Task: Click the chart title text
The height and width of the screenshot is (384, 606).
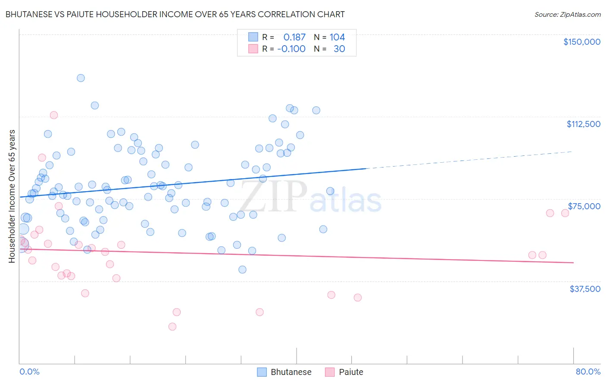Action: pyautogui.click(x=175, y=14)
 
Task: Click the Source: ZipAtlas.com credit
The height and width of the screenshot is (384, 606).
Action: pyautogui.click(x=567, y=14)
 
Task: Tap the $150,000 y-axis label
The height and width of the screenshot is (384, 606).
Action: pyautogui.click(x=581, y=42)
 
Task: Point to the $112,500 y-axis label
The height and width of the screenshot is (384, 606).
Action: pyautogui.click(x=583, y=124)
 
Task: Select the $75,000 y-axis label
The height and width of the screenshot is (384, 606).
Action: pyautogui.click(x=584, y=206)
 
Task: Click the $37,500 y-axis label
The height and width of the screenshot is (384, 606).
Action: pyautogui.click(x=584, y=289)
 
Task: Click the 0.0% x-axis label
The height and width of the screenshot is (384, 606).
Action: pyautogui.click(x=29, y=372)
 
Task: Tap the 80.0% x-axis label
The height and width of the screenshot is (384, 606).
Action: pyautogui.click(x=588, y=372)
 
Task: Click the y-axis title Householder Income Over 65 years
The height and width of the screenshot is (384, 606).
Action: pyautogui.click(x=12, y=196)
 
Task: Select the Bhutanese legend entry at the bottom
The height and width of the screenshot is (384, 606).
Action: pyautogui.click(x=284, y=372)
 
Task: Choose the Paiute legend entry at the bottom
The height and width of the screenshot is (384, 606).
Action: pyautogui.click(x=344, y=372)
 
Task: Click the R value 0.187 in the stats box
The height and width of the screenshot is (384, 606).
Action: pyautogui.click(x=294, y=37)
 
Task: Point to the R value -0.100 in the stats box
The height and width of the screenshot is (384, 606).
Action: pyautogui.click(x=291, y=49)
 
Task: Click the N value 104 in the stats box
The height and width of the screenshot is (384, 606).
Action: pyautogui.click(x=337, y=37)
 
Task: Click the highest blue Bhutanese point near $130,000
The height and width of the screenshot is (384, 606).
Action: pyautogui.click(x=81, y=78)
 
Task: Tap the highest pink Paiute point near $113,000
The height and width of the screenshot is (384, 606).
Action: pyautogui.click(x=54, y=115)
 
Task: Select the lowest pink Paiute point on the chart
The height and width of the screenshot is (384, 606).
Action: pyautogui.click(x=172, y=327)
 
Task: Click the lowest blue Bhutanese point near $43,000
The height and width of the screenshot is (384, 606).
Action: pyautogui.click(x=243, y=269)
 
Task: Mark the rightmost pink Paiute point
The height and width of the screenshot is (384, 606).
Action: pyautogui.click(x=565, y=213)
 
